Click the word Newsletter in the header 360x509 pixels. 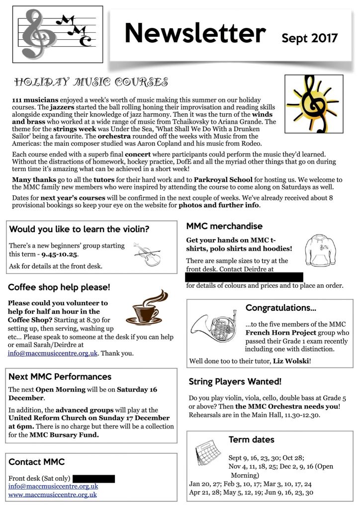[x=195, y=33]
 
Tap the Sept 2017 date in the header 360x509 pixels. [x=309, y=38]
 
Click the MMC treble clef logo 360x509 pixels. [x=57, y=34]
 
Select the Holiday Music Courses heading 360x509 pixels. [x=91, y=82]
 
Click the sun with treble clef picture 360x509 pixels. [x=313, y=104]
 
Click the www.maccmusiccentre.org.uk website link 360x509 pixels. [x=53, y=495]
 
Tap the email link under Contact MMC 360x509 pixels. [x=53, y=487]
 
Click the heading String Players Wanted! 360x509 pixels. [x=235, y=382]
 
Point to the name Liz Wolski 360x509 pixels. [x=291, y=360]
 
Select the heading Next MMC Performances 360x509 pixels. [x=60, y=376]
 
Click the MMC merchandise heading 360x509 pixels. [x=224, y=226]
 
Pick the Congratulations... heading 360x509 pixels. [x=281, y=308]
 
